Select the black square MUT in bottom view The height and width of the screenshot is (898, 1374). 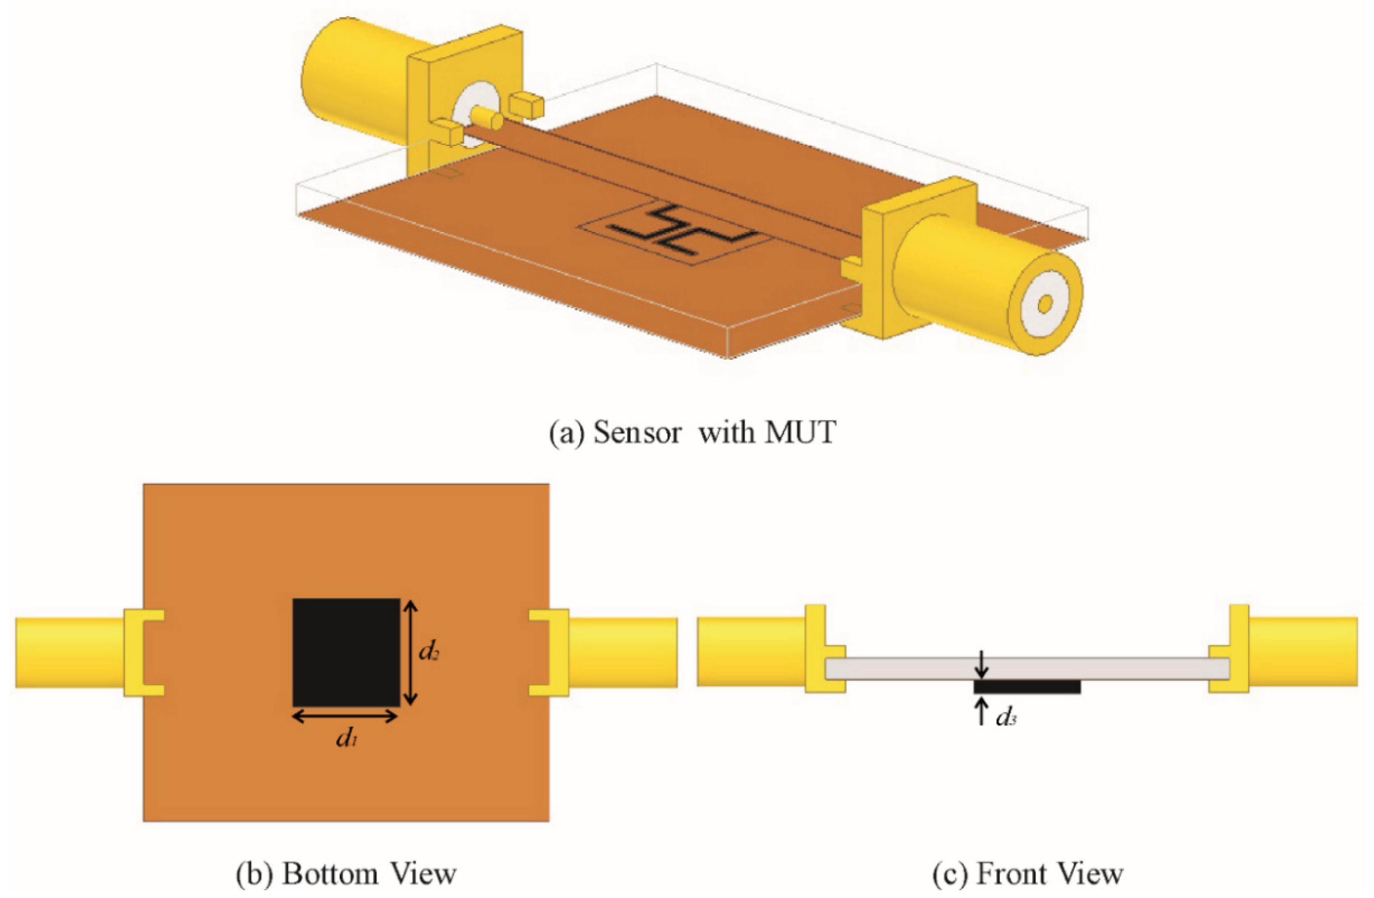point(346,652)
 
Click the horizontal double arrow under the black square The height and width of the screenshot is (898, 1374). point(345,717)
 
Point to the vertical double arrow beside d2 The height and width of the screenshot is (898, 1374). point(410,652)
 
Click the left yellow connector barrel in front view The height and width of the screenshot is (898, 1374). point(751,652)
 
